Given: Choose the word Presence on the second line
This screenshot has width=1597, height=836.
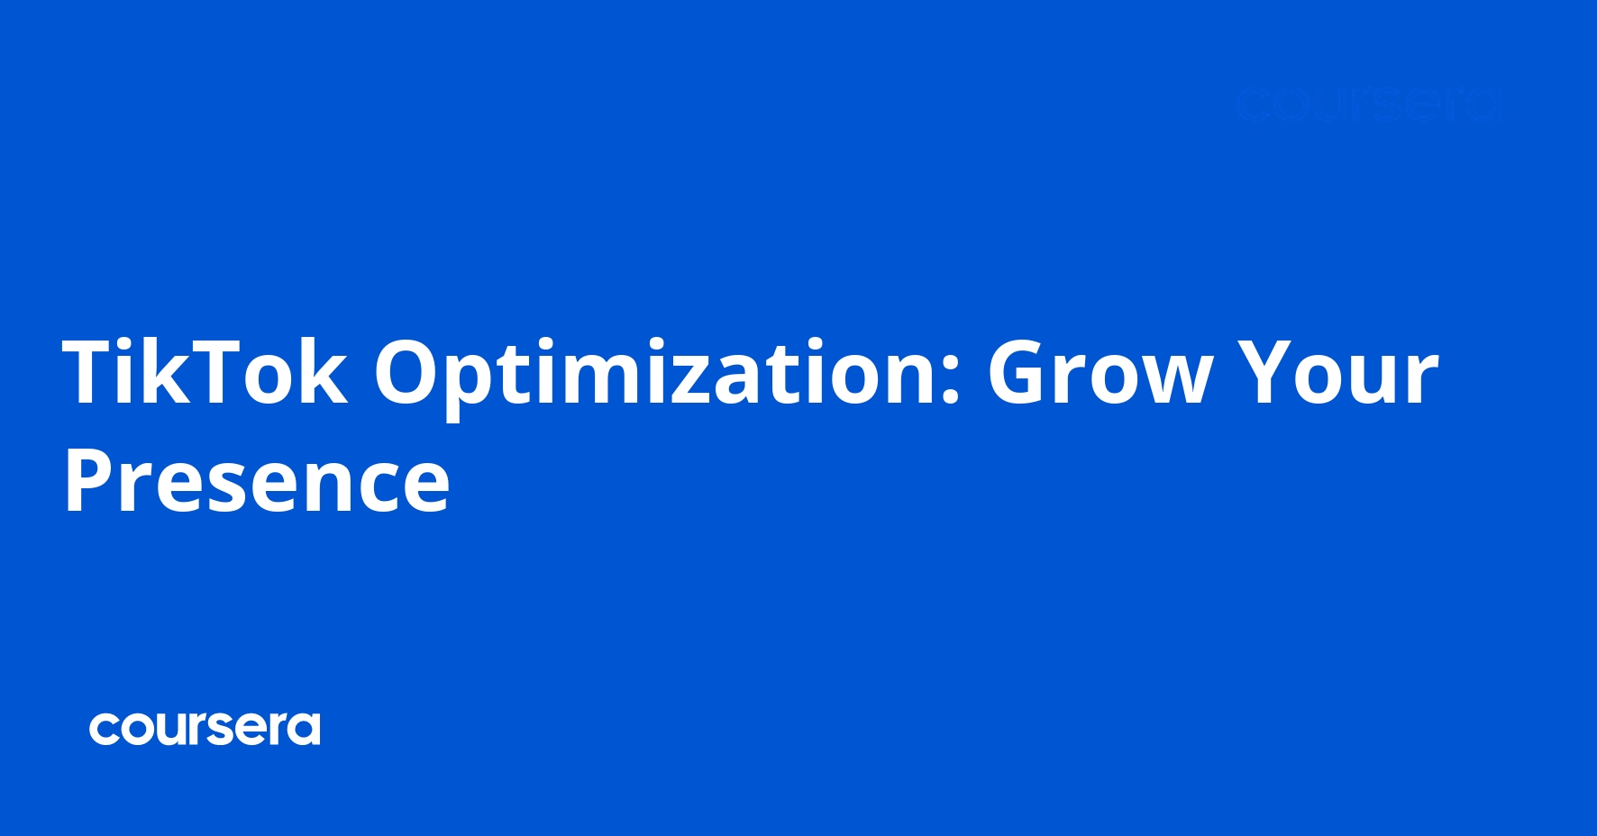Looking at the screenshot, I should (x=257, y=481).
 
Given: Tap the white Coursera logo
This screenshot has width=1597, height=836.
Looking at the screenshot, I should (x=205, y=729).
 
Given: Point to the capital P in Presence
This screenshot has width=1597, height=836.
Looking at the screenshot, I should (x=90, y=481).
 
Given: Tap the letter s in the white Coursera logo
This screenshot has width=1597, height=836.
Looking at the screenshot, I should (x=233, y=731).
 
